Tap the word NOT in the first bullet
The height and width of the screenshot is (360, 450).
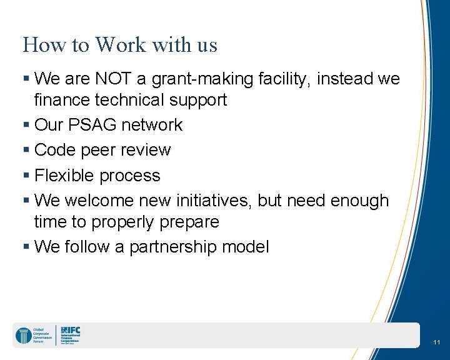(x=112, y=79)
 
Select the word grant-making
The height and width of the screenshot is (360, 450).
(x=191, y=79)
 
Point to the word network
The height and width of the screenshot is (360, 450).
(x=152, y=125)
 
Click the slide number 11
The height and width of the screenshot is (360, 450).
(x=436, y=342)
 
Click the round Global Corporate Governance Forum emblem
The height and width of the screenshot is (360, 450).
(x=23, y=336)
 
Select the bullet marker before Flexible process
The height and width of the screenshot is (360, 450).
(x=26, y=176)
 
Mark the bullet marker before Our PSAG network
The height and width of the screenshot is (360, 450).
(x=26, y=126)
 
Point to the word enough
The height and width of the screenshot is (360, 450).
(x=359, y=201)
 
